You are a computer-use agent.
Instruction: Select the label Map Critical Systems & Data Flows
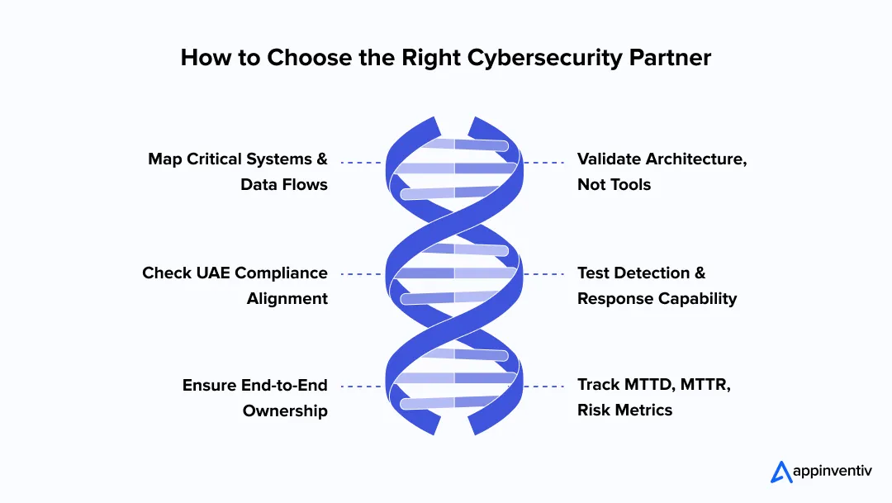pos(238,172)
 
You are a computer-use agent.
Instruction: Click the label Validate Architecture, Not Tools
pos(662,172)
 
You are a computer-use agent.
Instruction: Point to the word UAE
pos(216,273)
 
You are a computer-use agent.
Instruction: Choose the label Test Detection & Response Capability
pos(657,286)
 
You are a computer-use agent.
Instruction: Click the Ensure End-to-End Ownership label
pos(255,397)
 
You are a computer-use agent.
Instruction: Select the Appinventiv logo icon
pos(781,472)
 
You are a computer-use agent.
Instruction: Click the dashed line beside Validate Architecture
pos(544,163)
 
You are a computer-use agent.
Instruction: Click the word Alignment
pos(287,298)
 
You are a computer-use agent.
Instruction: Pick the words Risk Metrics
pos(624,410)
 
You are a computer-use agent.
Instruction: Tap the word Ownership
pos(285,410)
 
